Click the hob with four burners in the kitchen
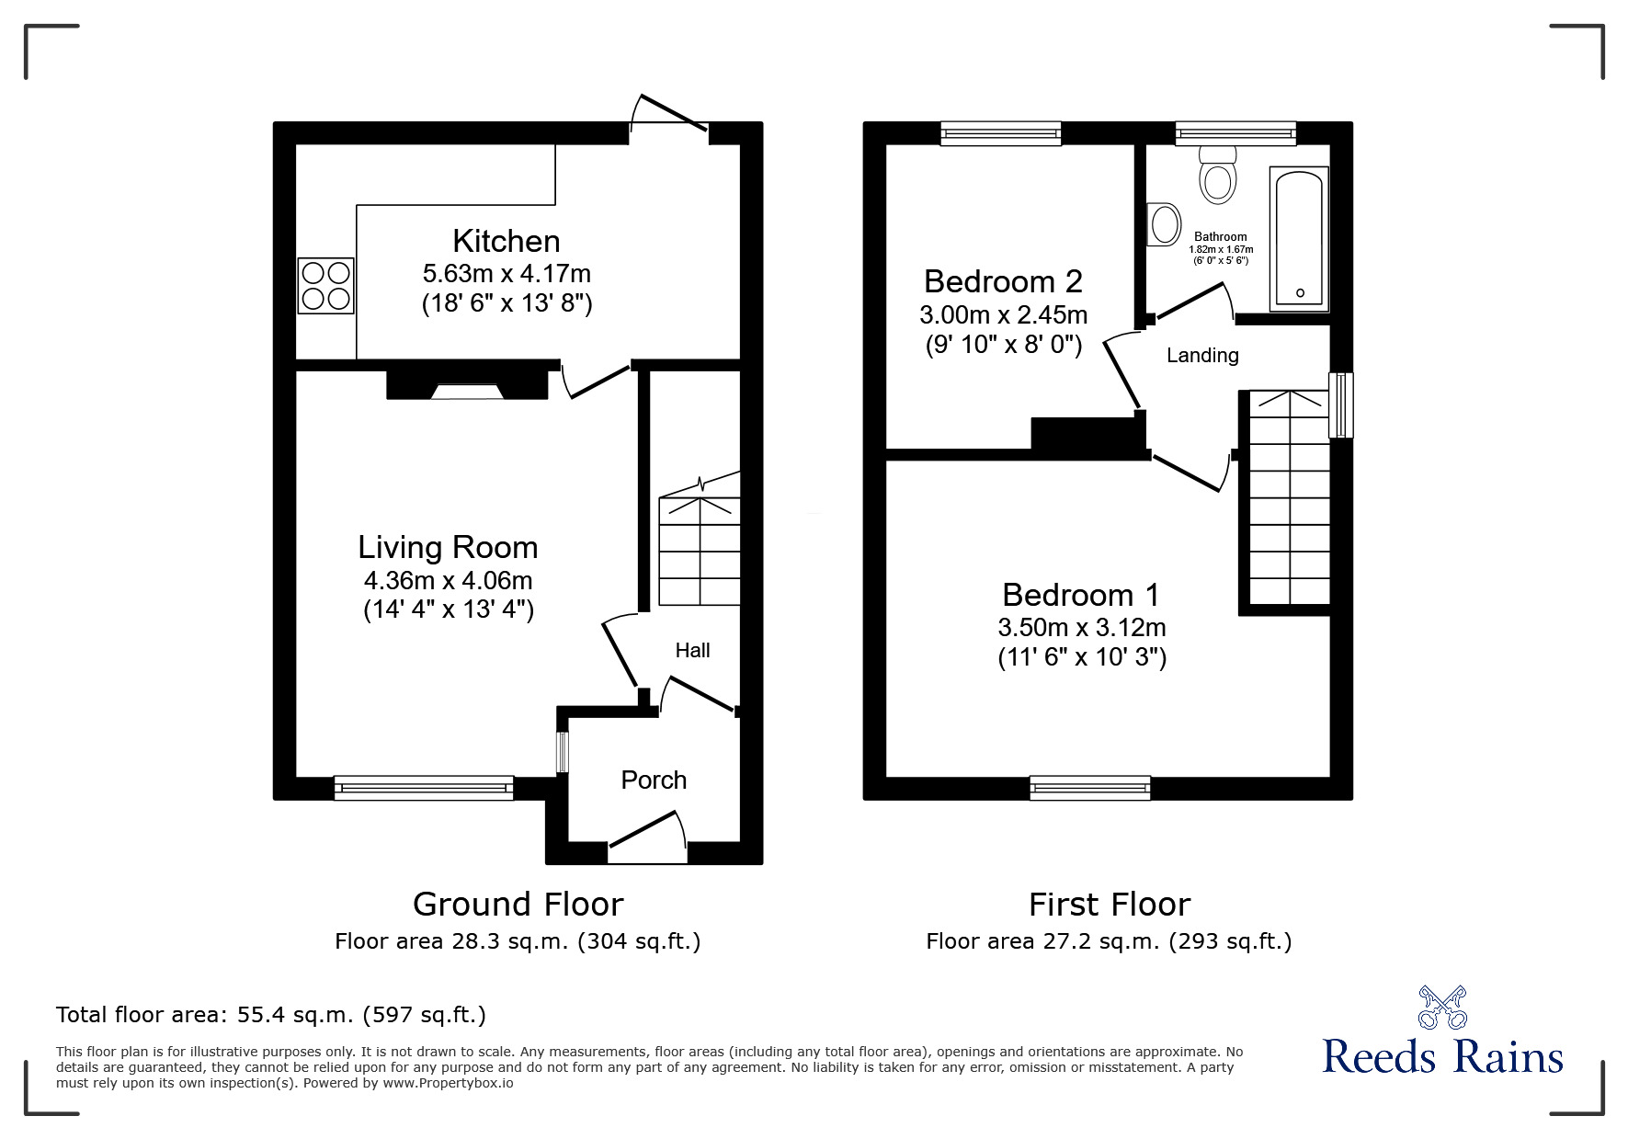click(325, 285)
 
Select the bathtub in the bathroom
click(1299, 238)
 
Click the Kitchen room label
click(507, 241)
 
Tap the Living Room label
click(448, 547)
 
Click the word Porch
click(654, 780)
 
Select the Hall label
click(692, 651)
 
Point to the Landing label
click(1202, 355)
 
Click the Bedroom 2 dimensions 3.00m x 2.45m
click(1003, 315)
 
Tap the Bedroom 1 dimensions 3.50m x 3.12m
click(1082, 628)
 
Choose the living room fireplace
click(467, 384)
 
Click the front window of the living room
click(424, 788)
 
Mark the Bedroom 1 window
click(1090, 788)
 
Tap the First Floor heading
click(1110, 905)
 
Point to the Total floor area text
click(271, 1015)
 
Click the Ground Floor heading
click(518, 905)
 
